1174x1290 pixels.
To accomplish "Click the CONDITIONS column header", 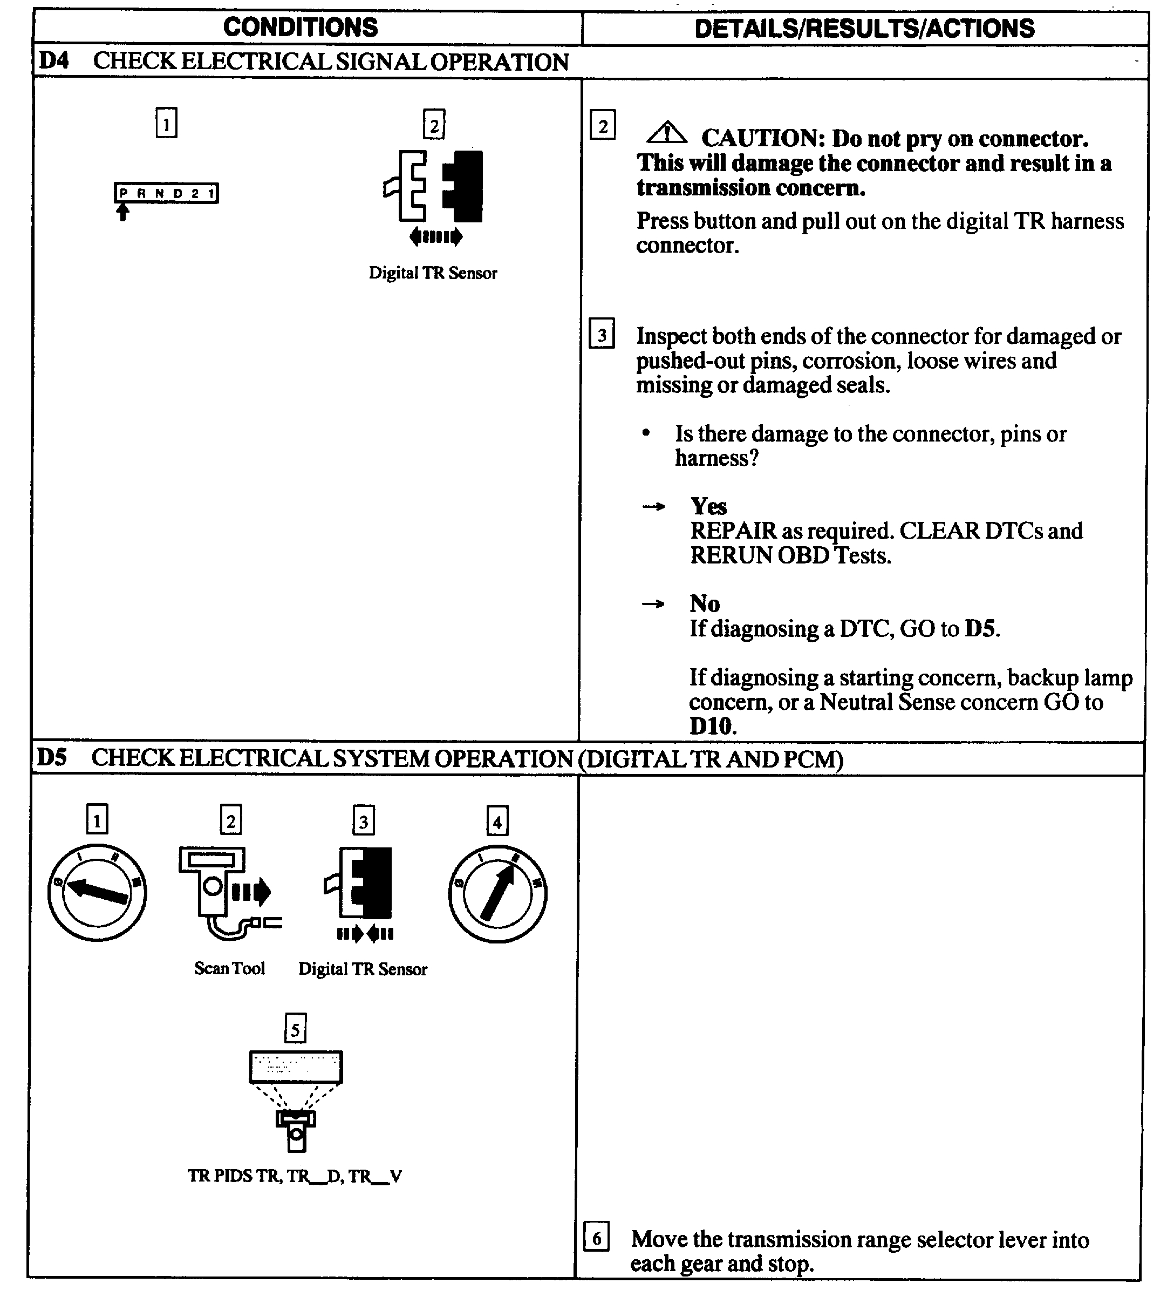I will (x=300, y=28).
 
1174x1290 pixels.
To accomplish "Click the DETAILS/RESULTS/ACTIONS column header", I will (x=864, y=29).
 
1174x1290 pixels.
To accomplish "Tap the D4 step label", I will (x=54, y=61).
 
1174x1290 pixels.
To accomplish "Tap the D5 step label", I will (x=52, y=758).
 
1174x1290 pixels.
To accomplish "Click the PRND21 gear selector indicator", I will (x=166, y=193).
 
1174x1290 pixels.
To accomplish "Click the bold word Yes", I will (x=708, y=506).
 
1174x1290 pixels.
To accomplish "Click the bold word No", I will (x=705, y=603).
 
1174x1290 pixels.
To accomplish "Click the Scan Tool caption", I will (x=229, y=969).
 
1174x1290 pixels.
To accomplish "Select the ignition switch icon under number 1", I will (x=97, y=893).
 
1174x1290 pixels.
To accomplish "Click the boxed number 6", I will (x=596, y=1237).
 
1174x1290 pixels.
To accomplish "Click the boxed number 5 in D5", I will (x=295, y=1029).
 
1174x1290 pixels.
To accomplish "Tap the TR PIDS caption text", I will (x=294, y=1176).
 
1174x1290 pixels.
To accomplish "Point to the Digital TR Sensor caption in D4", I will (x=433, y=273).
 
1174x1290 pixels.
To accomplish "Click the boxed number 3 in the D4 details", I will (x=602, y=335).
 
